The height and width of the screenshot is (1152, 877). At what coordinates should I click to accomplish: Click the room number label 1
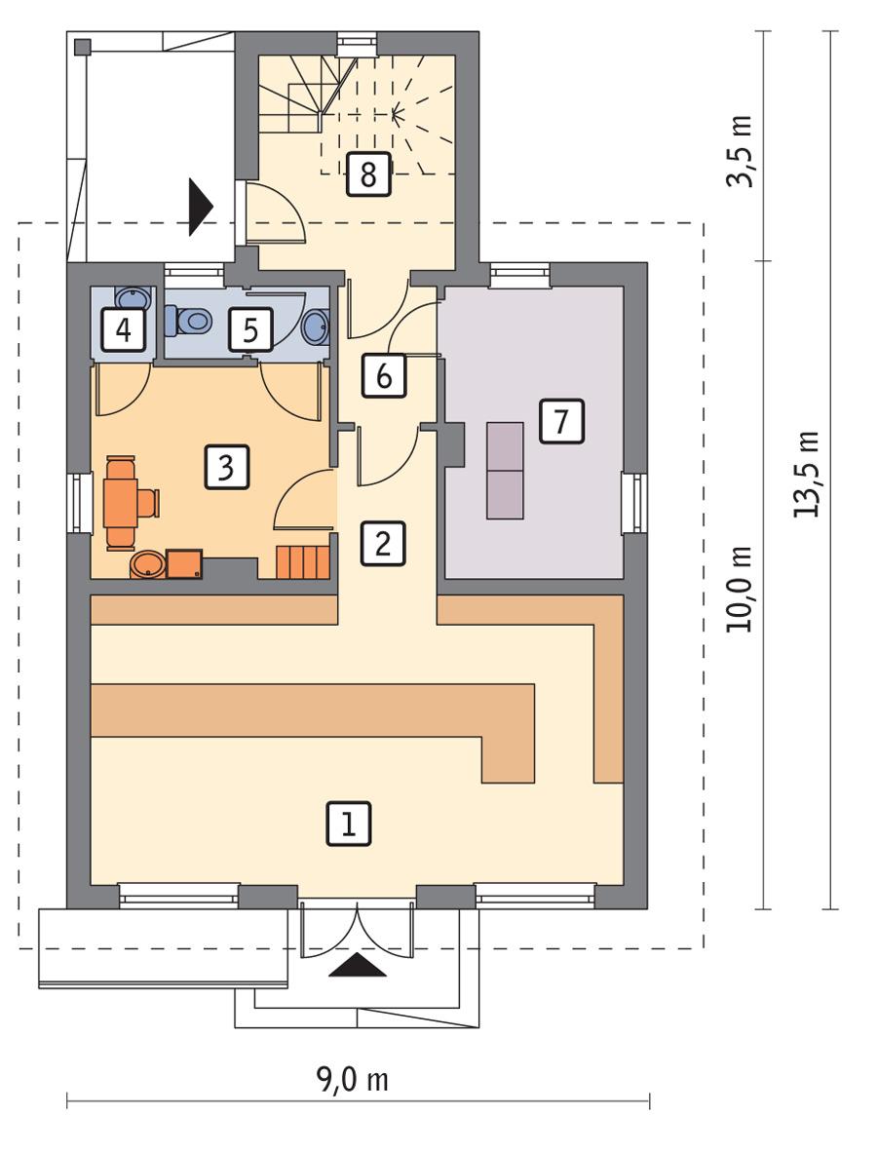[x=350, y=824]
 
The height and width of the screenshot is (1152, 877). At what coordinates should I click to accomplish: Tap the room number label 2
[x=382, y=544]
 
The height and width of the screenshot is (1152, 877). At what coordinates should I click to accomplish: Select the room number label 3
[x=227, y=468]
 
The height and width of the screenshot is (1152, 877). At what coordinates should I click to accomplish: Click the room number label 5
[x=250, y=330]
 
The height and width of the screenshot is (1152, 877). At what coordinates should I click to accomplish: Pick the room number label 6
[x=383, y=375]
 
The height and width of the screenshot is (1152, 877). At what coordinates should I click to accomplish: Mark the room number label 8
[x=367, y=174]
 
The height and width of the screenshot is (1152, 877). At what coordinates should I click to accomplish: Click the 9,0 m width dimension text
[x=352, y=1081]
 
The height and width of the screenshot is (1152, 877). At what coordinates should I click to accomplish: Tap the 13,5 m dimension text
[x=808, y=474]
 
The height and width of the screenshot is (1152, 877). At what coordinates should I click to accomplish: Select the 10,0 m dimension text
[x=740, y=590]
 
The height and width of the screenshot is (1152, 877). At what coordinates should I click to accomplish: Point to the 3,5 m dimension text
[x=743, y=151]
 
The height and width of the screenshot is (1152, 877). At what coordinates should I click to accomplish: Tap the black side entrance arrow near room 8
[x=201, y=207]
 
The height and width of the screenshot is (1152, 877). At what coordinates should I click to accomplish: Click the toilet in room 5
[x=189, y=319]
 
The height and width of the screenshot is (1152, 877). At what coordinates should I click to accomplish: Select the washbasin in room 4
[x=128, y=298]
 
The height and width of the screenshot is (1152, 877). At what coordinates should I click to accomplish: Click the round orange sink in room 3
[x=147, y=564]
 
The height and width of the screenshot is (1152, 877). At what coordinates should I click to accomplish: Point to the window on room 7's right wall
[x=634, y=503]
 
